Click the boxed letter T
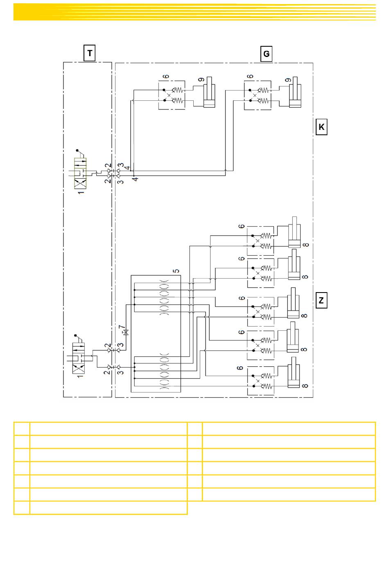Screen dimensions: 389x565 [x=90, y=53]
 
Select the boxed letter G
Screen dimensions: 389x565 [x=266, y=54]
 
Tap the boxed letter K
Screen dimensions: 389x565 [x=321, y=127]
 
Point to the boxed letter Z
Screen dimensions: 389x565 [x=321, y=300]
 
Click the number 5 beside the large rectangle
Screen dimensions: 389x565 [x=176, y=271]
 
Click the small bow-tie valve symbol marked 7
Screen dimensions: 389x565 [x=126, y=332]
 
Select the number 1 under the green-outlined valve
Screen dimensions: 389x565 [x=81, y=193]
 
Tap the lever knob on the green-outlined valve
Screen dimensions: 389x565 [x=77, y=150]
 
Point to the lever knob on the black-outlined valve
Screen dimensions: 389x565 [x=75, y=336]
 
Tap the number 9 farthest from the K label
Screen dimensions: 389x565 [x=201, y=80]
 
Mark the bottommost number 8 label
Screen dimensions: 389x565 [x=305, y=386]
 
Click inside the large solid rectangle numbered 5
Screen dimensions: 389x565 [x=156, y=334]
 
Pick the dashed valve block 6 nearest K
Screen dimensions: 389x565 [x=258, y=95]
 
